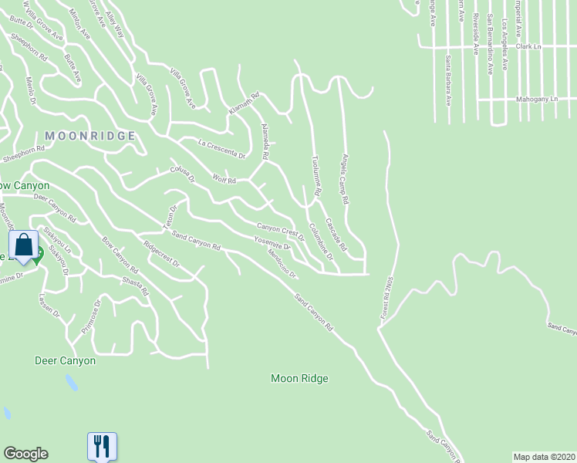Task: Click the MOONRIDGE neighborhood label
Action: coord(90,136)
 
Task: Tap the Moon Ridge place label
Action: coord(299,379)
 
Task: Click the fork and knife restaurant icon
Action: coord(102,446)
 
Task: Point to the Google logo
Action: coord(25,454)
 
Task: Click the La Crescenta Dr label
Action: coord(221,149)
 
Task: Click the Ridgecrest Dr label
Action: coord(160,254)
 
